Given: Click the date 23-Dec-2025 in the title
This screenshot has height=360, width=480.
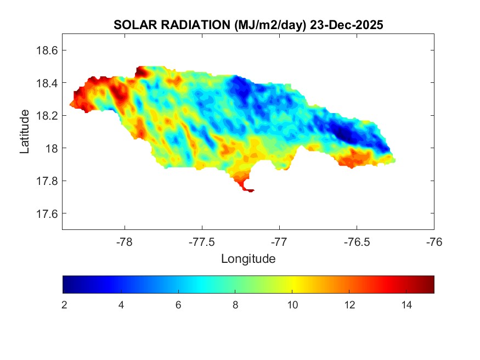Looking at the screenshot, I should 346,25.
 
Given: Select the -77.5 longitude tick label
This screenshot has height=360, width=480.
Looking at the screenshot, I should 202,241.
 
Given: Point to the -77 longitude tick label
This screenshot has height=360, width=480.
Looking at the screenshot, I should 279,241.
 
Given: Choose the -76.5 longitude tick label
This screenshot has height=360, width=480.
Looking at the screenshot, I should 357,241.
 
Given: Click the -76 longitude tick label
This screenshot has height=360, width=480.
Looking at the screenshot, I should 434,241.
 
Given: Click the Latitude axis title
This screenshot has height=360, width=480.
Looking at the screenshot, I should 25,131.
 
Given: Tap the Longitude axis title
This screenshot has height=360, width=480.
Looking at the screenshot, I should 248,258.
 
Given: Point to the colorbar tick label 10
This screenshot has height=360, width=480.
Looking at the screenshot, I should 292,305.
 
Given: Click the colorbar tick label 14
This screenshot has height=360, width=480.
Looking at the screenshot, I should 406,305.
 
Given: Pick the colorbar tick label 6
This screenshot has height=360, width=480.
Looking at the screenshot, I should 178,305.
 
